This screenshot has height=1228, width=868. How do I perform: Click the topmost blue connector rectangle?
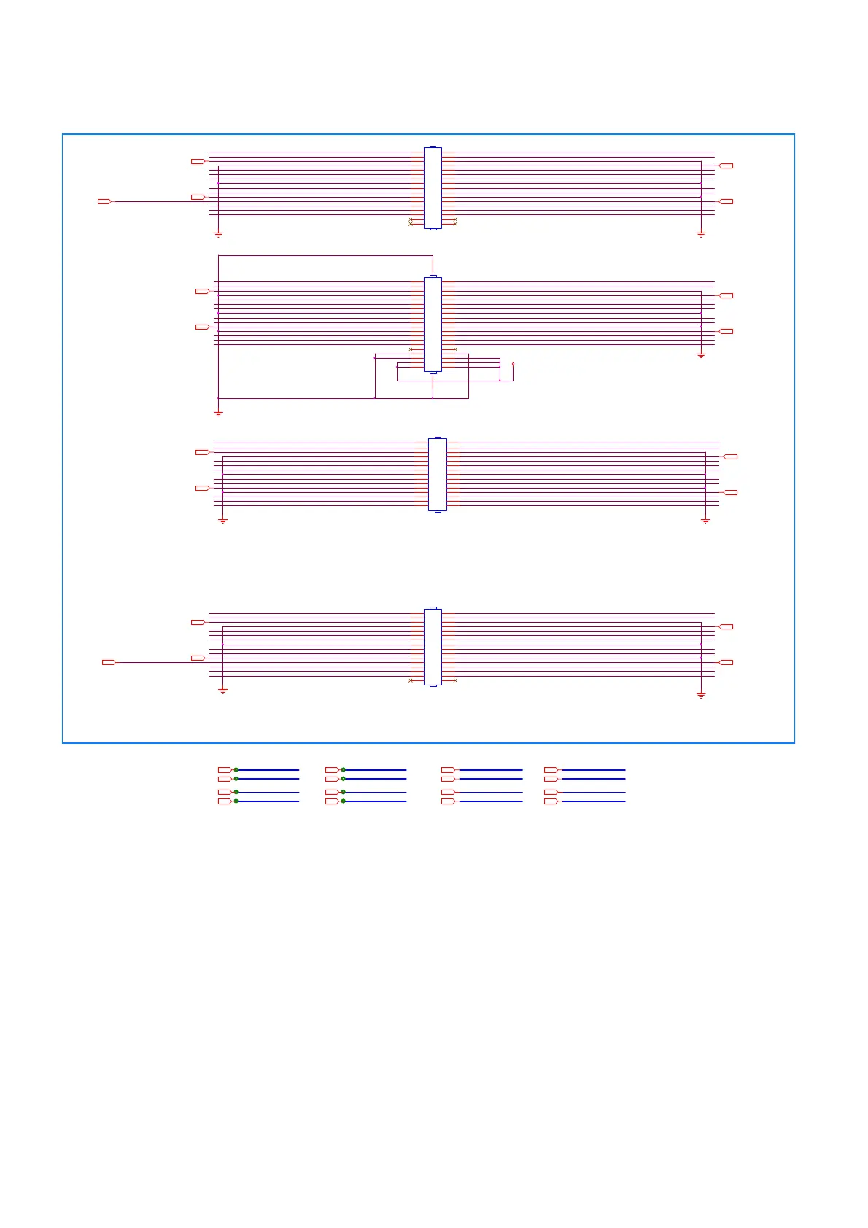coord(433,187)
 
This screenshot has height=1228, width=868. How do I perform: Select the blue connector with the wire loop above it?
coord(433,325)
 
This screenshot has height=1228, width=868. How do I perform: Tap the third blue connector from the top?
coord(437,474)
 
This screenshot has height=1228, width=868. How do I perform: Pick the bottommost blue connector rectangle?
coord(433,647)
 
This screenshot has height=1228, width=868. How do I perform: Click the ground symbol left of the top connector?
coord(218,235)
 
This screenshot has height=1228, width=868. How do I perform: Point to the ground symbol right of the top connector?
coord(701,235)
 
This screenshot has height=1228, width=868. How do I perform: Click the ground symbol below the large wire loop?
coord(218,413)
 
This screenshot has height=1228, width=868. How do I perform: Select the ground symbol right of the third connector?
coord(705,521)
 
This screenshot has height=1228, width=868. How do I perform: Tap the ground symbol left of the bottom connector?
coord(222,691)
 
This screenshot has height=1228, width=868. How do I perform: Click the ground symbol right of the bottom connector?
coord(701,696)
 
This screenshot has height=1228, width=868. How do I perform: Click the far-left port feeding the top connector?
coord(104,201)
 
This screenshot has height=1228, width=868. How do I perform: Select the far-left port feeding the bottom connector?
coord(109,662)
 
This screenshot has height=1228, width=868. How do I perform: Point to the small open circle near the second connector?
coord(514,363)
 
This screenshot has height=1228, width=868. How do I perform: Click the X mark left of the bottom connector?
coord(411,680)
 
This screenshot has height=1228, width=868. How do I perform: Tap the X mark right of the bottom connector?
coord(455,680)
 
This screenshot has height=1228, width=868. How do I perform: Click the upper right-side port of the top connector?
coord(726,166)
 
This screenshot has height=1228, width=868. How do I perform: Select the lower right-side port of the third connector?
coord(731,492)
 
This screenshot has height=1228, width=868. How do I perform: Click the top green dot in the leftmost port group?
coord(236,769)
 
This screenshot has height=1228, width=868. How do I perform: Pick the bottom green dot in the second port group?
coord(343,801)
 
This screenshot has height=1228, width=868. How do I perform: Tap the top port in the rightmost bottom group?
coord(551,769)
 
